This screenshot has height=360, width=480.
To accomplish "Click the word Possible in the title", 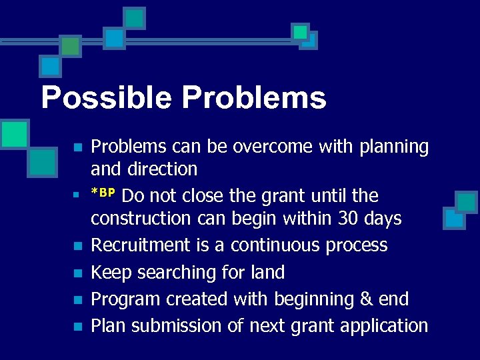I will click(107, 98).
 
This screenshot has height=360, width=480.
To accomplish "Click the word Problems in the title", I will click(253, 98).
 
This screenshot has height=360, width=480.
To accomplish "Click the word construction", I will click(142, 219).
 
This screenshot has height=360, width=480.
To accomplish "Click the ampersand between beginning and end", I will click(366, 299).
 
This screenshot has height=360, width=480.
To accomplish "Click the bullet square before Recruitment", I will click(77, 246).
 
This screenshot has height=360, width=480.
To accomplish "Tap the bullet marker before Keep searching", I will click(77, 273).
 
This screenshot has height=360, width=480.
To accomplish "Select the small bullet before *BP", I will click(77, 195).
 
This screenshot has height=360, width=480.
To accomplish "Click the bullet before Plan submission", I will click(77, 327).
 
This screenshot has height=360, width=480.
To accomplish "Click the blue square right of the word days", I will click(455, 218).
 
